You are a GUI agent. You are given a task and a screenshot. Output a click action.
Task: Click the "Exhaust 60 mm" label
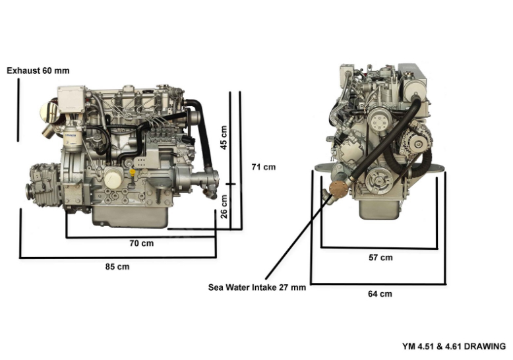[38, 71]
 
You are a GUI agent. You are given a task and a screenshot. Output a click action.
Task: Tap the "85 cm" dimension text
[117, 267]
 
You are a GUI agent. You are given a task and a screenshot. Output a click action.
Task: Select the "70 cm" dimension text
[142, 243]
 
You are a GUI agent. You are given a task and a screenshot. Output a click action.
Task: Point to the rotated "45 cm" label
[224, 137]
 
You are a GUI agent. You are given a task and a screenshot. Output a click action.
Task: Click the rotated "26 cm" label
[224, 206]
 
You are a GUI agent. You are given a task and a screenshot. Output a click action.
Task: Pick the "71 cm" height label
[264, 167]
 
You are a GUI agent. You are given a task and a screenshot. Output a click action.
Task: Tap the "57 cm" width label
[380, 258]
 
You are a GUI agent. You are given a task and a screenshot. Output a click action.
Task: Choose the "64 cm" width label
[380, 294]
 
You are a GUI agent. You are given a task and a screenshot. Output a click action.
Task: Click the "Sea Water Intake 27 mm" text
[257, 287]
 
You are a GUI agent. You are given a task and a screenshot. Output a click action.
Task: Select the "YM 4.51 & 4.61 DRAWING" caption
[454, 346]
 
